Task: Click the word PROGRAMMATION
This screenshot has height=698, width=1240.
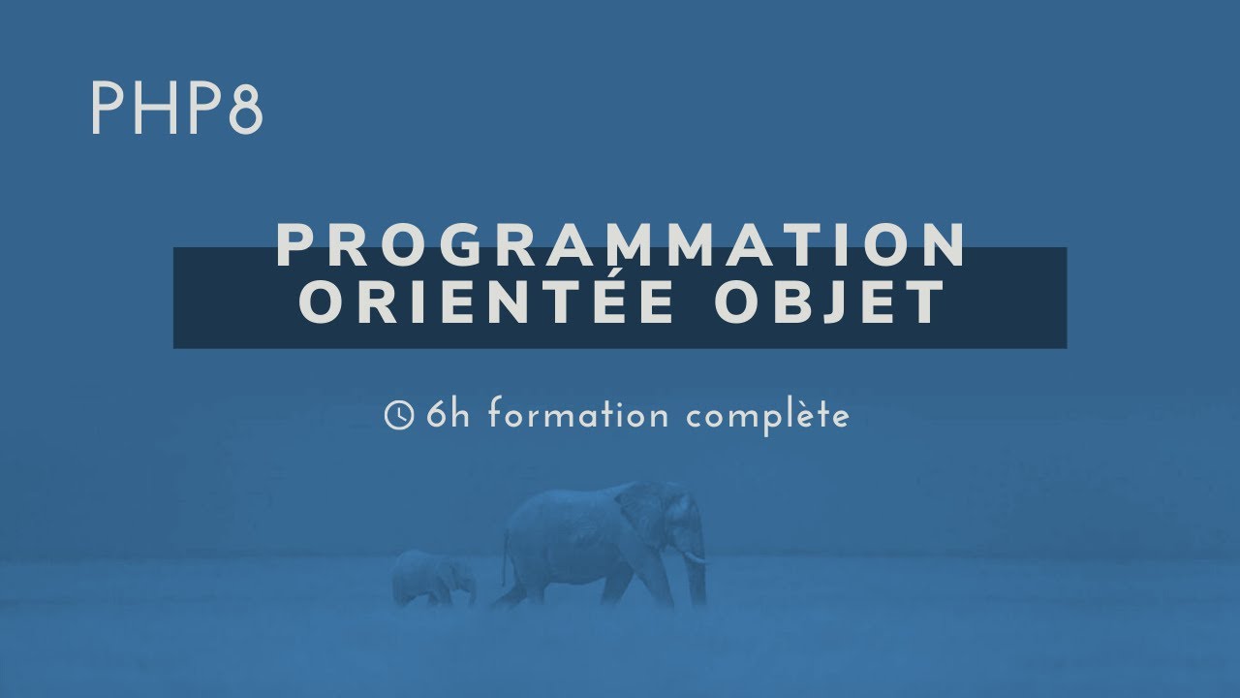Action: pos(621,246)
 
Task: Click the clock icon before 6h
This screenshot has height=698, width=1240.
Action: pos(399,416)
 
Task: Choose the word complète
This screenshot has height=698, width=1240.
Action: pos(767,416)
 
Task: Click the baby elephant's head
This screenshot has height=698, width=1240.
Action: pos(455,572)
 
